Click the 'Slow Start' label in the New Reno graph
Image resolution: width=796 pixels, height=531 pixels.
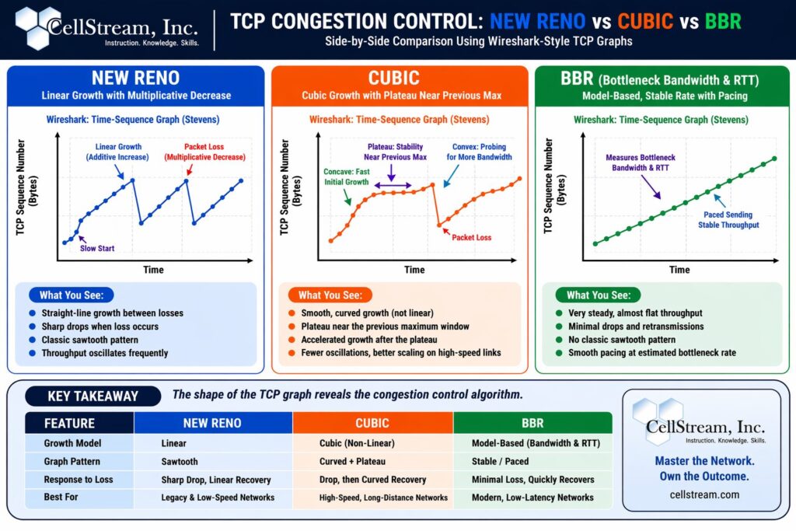click(x=97, y=248)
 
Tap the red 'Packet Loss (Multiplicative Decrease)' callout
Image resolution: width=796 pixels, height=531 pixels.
click(x=204, y=152)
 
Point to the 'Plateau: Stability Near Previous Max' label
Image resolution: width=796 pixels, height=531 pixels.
click(x=395, y=152)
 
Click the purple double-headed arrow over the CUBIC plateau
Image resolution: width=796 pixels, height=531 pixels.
click(x=393, y=185)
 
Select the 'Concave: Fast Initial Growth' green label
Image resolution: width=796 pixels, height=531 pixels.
click(x=347, y=176)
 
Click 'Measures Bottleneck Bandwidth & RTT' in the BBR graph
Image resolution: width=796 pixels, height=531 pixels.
click(x=641, y=162)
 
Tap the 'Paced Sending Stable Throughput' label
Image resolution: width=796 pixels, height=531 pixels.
click(x=728, y=220)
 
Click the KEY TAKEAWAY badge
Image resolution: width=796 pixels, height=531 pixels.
click(x=93, y=396)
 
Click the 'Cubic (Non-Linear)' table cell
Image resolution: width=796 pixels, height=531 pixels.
click(x=357, y=443)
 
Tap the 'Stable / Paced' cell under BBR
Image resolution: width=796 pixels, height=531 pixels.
click(x=500, y=462)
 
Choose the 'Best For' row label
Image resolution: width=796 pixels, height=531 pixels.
click(x=61, y=497)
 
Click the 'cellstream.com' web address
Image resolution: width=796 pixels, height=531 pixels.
click(x=704, y=494)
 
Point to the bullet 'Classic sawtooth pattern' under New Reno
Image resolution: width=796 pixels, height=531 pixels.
click(x=90, y=340)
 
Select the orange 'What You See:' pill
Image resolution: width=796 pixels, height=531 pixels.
click(x=330, y=295)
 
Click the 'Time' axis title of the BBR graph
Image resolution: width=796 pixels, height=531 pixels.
click(x=679, y=270)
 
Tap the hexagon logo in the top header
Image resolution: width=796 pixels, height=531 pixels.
click(x=38, y=27)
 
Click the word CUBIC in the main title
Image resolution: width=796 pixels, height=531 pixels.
click(x=645, y=21)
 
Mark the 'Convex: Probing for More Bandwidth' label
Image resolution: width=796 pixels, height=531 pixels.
click(x=479, y=152)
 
